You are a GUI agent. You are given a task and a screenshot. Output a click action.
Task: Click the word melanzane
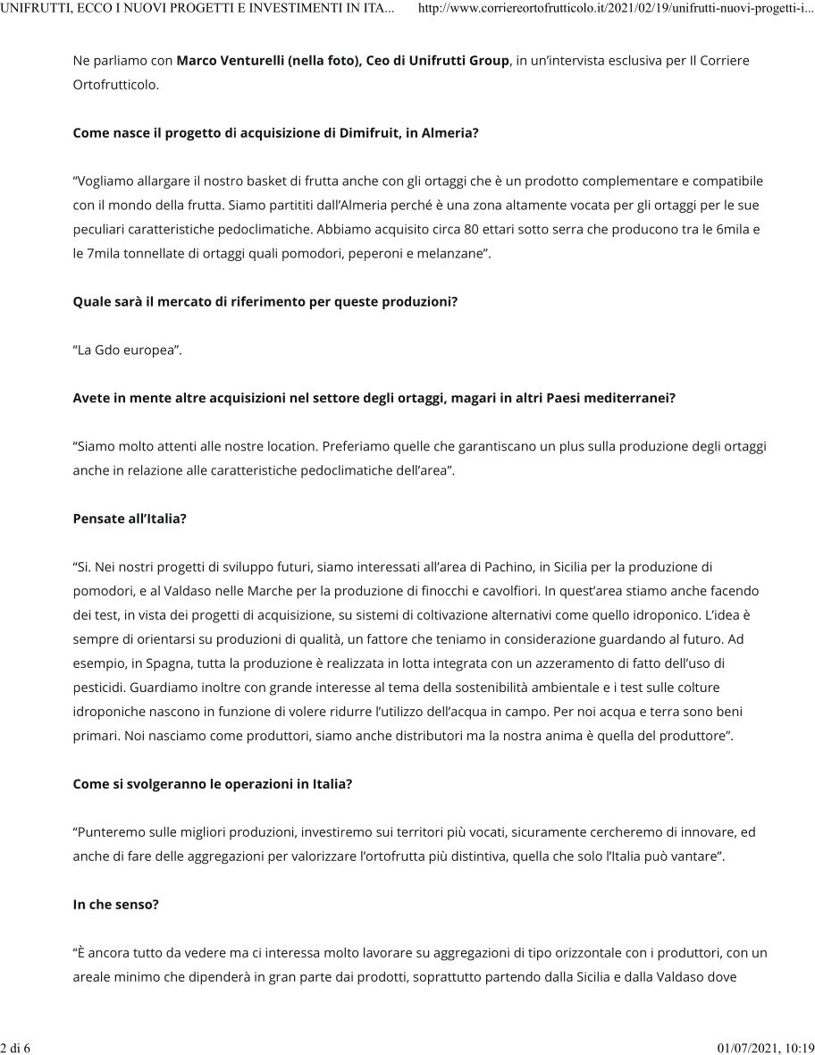pyautogui.click(x=449, y=253)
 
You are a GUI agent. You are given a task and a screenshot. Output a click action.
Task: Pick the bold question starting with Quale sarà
pyautogui.click(x=265, y=301)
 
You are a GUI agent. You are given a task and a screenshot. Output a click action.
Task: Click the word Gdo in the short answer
pyautogui.click(x=109, y=350)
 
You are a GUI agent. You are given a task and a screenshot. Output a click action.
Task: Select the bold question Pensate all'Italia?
pyautogui.click(x=130, y=519)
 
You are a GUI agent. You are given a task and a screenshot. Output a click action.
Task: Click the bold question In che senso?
pyautogui.click(x=115, y=904)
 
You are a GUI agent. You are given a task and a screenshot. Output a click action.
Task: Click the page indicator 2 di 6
pyautogui.click(x=15, y=1047)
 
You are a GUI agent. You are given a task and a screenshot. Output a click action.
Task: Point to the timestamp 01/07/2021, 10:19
pyautogui.click(x=766, y=1047)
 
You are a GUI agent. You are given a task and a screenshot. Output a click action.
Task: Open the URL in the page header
pyautogui.click(x=616, y=9)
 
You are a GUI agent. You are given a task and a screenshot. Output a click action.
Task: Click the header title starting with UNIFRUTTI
pyautogui.click(x=197, y=9)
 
